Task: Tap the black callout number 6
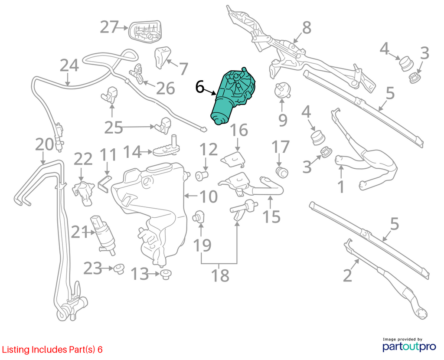tap(199, 87)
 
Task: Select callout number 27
tap(109, 27)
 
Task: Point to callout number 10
tap(209, 196)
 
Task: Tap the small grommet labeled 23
tap(119, 268)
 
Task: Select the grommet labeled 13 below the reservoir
tap(166, 274)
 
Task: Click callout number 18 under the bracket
tap(220, 275)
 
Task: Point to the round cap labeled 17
tap(282, 172)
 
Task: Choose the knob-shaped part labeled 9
tap(281, 89)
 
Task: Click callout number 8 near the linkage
tap(307, 27)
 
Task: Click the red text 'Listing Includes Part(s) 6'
tap(52, 350)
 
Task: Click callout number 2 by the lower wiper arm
tap(347, 275)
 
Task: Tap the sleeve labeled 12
tap(202, 176)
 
